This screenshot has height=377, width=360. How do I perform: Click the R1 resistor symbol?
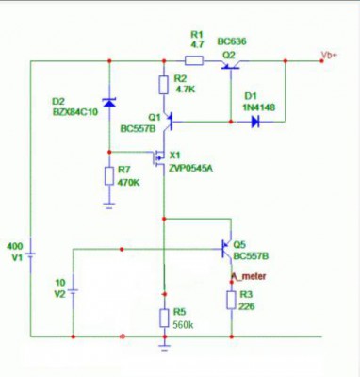click(x=194, y=60)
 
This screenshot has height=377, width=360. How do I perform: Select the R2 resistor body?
click(x=163, y=85)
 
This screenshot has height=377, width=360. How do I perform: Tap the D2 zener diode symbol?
click(x=109, y=103)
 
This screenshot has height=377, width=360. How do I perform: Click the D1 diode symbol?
click(x=255, y=122)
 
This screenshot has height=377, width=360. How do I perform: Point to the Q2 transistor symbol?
click(x=230, y=65)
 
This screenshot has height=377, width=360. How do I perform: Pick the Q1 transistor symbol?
click(x=168, y=122)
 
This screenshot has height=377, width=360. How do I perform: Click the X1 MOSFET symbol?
click(x=159, y=159)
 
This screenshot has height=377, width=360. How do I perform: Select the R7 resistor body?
click(x=109, y=176)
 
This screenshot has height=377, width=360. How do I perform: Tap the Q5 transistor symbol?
click(x=227, y=249)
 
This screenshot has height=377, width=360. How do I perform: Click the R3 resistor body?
click(x=232, y=300)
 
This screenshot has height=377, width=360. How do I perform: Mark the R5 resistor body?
click(x=164, y=318)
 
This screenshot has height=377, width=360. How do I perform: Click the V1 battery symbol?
click(x=30, y=255)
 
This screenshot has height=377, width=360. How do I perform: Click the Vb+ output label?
click(x=329, y=55)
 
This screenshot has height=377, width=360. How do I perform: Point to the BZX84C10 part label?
click(x=75, y=112)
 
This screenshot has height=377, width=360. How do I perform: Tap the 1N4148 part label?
click(x=258, y=107)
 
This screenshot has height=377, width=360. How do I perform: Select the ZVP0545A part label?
click(x=190, y=169)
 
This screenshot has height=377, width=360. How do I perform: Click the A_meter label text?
click(x=249, y=276)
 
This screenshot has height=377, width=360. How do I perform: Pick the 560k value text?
click(x=184, y=325)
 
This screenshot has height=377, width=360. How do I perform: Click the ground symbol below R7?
click(x=109, y=205)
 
